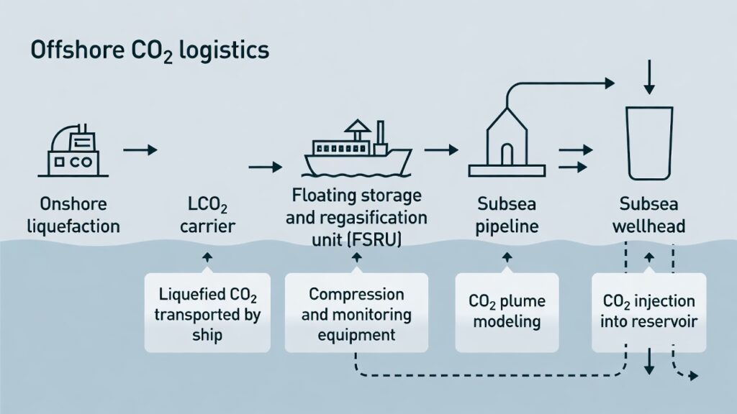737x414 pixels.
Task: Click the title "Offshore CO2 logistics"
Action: coord(150,52)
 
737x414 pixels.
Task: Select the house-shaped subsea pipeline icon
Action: coord(508,144)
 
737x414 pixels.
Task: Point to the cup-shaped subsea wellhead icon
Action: coord(649,143)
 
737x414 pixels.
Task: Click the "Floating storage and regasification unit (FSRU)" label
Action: coord(356,217)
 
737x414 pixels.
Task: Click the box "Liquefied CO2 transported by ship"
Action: coord(207,313)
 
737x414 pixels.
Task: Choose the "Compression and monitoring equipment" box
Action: coord(356,313)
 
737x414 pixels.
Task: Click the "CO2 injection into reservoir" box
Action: coord(649,313)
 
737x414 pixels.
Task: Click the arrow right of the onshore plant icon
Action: coord(140,150)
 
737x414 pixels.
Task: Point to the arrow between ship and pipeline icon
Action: coord(441,149)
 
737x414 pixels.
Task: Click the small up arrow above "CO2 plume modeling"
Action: coord(507,257)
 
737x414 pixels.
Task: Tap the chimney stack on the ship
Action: coord(381,132)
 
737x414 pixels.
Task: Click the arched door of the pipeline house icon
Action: coord(508,155)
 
